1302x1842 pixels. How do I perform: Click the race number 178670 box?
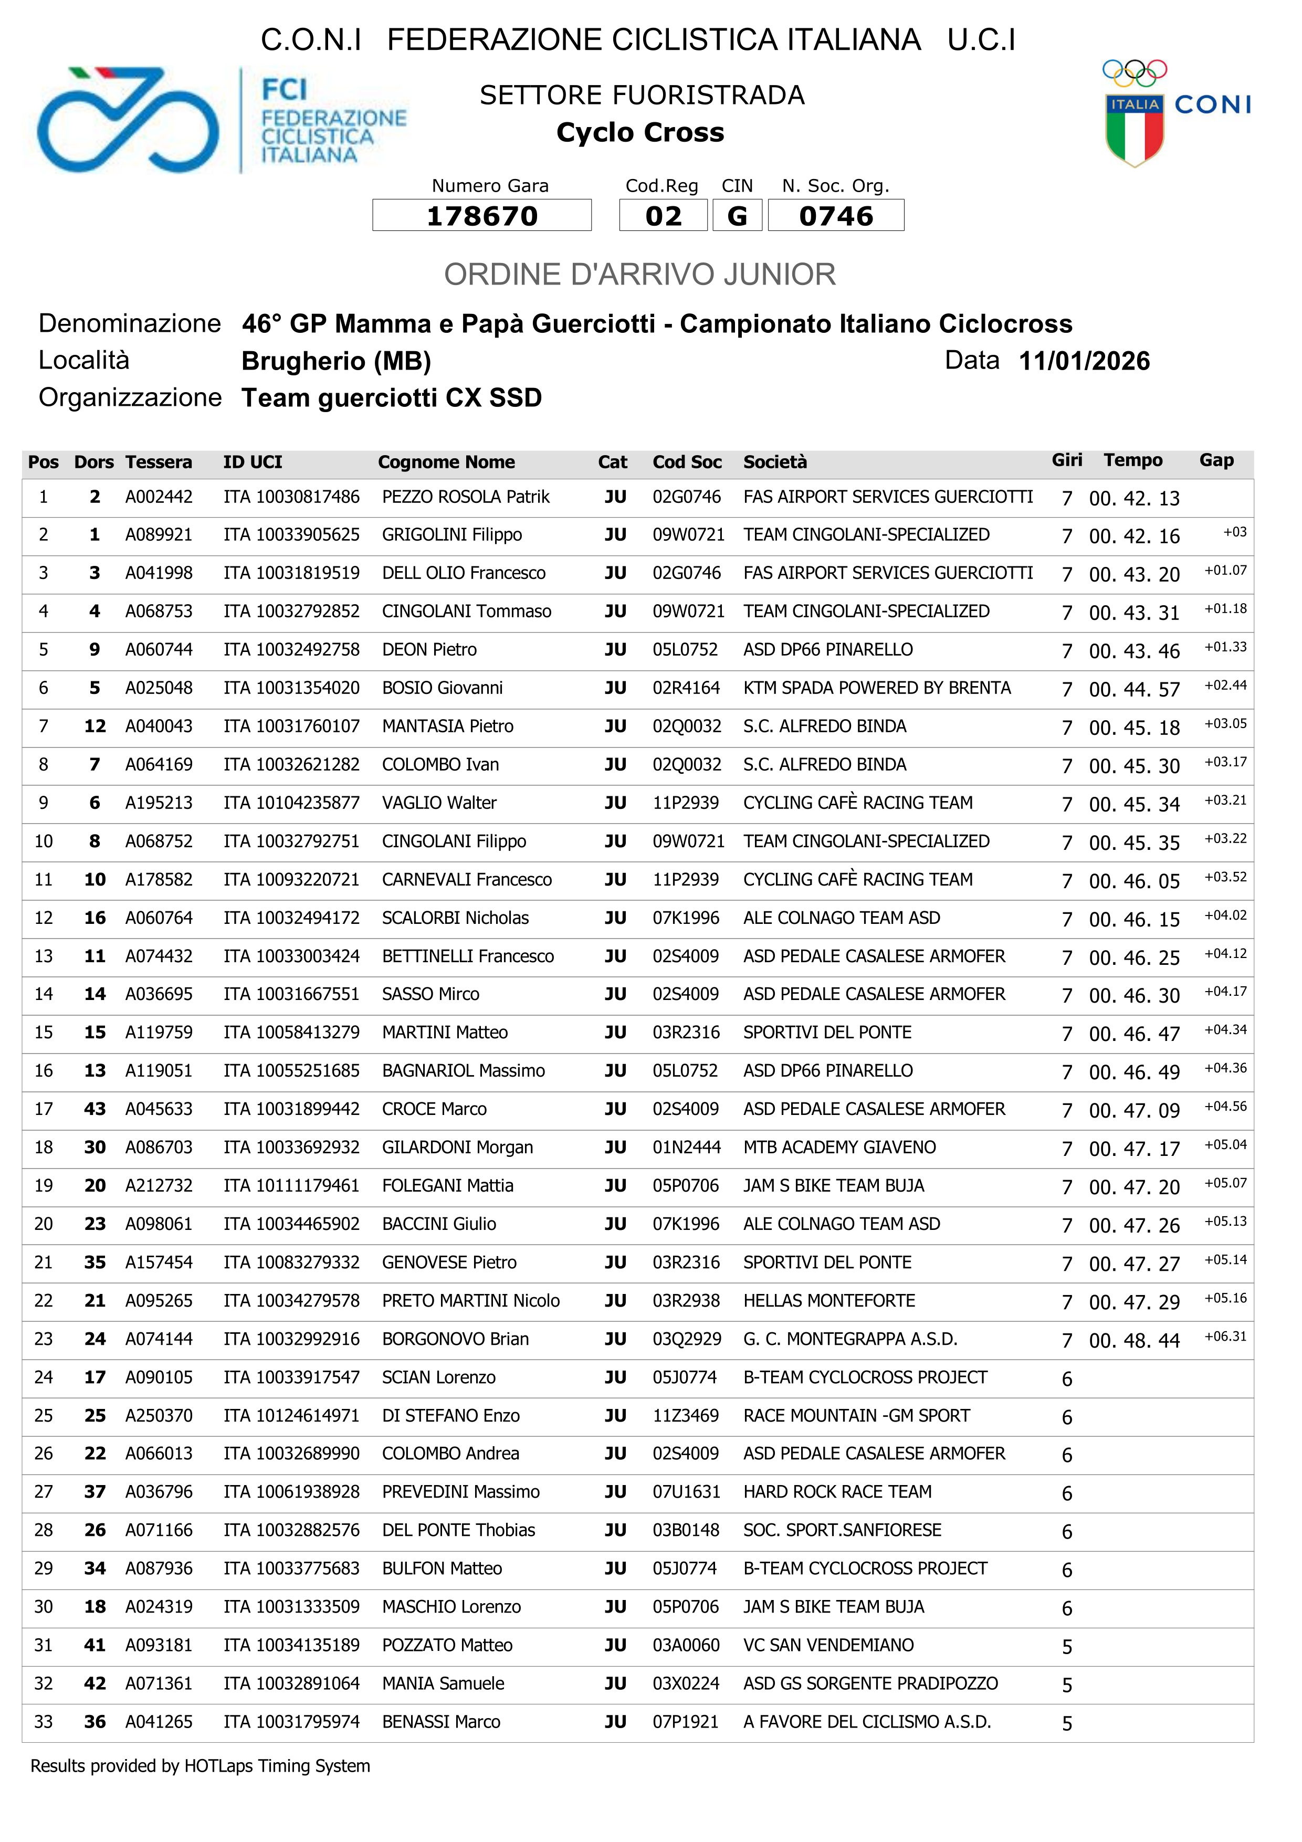481,216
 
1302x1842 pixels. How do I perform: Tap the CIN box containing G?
737,216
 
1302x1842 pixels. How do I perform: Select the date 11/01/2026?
1084,361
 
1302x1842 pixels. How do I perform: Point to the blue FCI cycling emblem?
128,120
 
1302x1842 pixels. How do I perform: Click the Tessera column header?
159,462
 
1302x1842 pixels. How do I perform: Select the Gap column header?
1216,460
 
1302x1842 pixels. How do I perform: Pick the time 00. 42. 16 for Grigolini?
1133,536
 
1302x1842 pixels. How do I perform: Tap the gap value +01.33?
1225,647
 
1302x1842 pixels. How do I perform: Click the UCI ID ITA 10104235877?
291,803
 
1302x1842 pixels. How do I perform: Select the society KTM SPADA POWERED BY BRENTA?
877,688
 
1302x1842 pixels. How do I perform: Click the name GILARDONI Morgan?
457,1147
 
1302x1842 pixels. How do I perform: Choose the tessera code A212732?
159,1186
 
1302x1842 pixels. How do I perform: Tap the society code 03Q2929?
687,1339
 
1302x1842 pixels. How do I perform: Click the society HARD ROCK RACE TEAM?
837,1492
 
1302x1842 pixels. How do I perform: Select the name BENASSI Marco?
441,1722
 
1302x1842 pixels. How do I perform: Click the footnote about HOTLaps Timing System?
201,1766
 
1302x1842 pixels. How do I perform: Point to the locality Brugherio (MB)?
336,362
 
